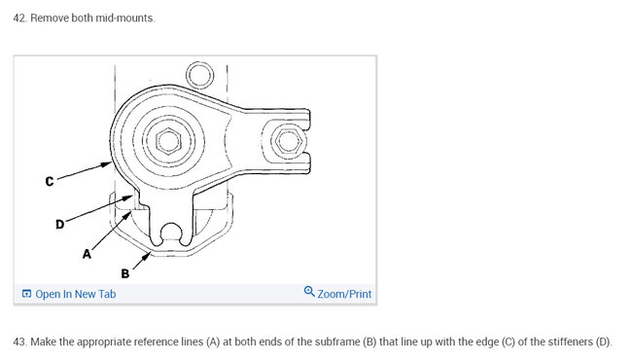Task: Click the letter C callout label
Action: coord(50,181)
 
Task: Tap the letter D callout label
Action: coord(59,224)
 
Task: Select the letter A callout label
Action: coord(87,254)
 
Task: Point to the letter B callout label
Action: coord(125,273)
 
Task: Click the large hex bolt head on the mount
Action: coord(168,141)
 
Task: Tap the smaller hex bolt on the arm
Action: coord(288,141)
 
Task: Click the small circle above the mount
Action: coord(199,75)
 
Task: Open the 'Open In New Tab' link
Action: coord(76,294)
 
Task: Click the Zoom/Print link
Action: coord(344,294)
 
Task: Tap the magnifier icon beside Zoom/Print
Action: coord(309,292)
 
